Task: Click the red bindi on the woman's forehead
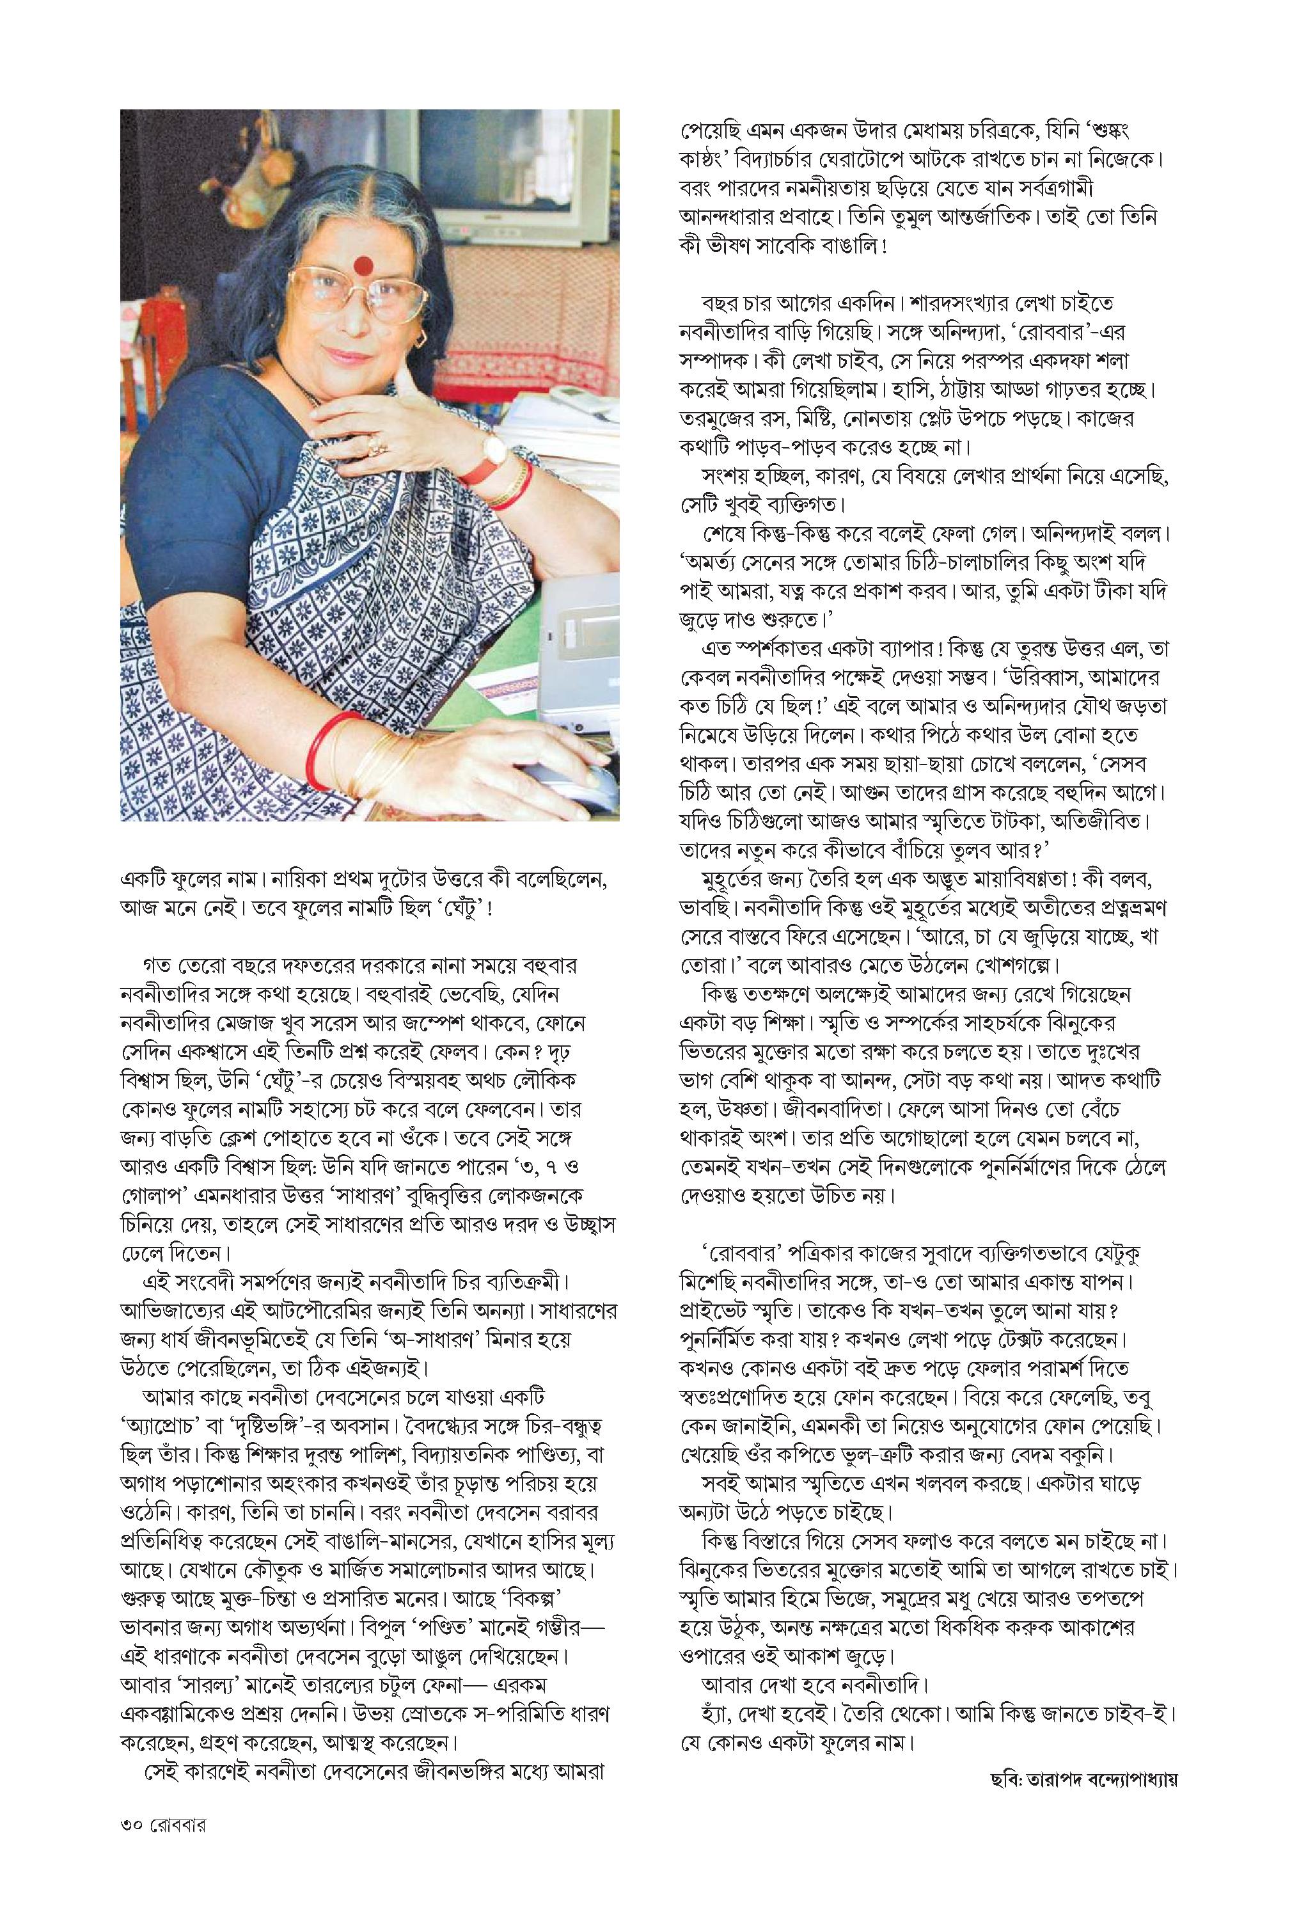coord(362,264)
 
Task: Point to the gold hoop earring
coord(421,338)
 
